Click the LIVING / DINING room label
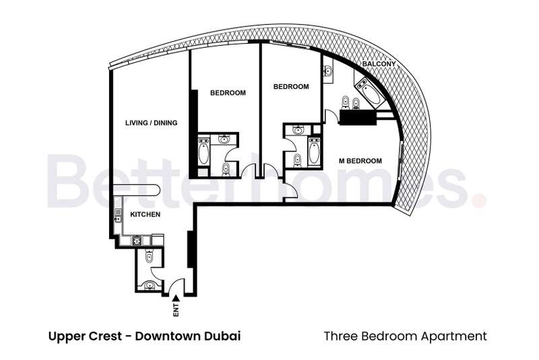151,123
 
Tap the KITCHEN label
145,214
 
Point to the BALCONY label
379,64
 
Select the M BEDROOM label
360,161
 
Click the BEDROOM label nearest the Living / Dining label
228,93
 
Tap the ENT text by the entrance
176,310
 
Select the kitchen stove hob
137,240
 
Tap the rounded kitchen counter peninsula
137,191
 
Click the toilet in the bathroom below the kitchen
149,256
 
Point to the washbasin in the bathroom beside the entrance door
149,285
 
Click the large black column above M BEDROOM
358,117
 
